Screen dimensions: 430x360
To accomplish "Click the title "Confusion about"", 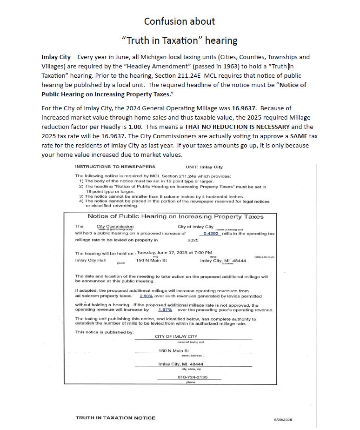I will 180,21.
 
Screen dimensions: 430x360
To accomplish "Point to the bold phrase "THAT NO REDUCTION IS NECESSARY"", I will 237,127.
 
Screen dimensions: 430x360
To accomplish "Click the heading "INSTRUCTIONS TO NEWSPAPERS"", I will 115,167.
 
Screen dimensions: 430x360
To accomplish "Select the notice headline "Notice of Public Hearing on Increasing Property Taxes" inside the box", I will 175,216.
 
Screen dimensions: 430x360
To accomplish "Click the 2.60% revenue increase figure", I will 146,296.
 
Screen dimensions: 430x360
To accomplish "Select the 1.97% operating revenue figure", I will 165,309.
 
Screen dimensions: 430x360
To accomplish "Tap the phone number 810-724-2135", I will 193,377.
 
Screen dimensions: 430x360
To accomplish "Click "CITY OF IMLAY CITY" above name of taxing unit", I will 176,336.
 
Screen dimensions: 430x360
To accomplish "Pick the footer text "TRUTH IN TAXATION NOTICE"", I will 115,418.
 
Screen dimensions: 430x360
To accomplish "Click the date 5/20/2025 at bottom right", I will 283,419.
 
